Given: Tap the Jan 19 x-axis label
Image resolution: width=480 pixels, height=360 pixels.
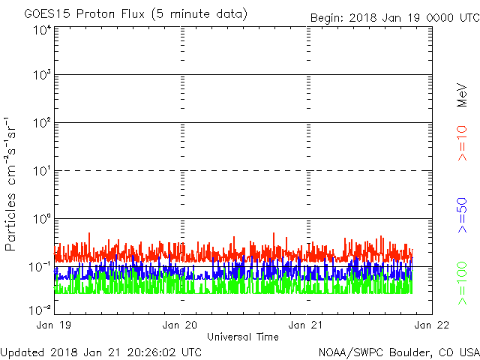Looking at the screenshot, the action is (53, 325).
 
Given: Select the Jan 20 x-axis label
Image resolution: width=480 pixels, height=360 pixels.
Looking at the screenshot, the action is (180, 325).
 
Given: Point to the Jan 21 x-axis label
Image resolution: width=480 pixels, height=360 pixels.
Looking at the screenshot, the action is (305, 325).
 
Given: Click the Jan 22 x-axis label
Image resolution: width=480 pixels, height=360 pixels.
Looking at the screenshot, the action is (432, 325).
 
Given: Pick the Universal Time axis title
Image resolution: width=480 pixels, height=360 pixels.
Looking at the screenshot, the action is (243, 337).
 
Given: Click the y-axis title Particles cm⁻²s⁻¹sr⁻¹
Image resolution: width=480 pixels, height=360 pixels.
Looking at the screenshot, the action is (10, 184).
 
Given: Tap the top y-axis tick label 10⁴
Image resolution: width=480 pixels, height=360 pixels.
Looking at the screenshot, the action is (41, 30).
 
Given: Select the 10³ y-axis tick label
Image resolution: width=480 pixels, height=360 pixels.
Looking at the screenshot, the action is (41, 74).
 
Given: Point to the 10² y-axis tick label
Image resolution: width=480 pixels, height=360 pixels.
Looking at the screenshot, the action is (41, 122).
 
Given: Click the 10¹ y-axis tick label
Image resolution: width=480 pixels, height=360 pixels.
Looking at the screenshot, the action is (41, 170).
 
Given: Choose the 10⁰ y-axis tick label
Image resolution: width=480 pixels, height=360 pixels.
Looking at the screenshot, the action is (41, 218).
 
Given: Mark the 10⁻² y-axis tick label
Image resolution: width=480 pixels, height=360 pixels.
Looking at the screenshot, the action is (40, 310).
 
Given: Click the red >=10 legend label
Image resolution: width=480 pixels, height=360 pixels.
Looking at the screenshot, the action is (462, 143).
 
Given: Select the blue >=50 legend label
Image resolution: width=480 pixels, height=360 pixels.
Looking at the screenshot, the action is (462, 215).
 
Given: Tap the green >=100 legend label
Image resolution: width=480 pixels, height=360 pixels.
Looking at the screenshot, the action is (462, 283).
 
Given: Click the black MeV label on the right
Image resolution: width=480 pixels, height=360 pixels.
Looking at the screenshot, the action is (462, 95).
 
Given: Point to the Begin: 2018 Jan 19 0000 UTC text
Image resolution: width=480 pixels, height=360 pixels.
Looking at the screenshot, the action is (395, 18).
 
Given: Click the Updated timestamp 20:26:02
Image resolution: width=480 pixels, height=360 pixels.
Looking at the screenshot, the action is (152, 352).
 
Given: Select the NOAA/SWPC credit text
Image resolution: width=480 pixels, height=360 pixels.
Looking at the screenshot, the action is (350, 352).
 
